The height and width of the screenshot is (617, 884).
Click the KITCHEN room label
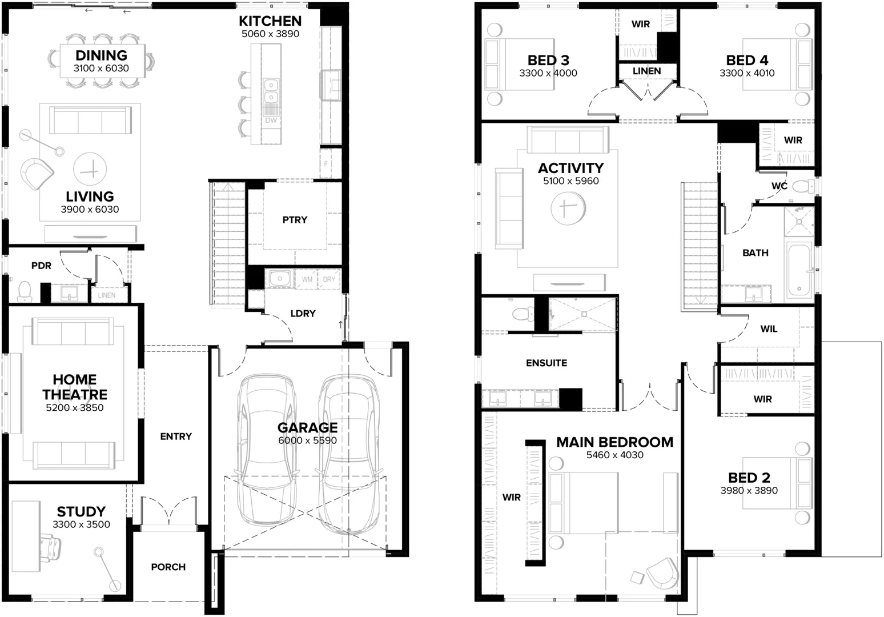coord(270,21)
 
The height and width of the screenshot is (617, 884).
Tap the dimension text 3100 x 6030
coord(101,69)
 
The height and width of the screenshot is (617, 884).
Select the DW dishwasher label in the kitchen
coord(271,121)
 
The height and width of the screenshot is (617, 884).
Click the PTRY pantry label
coord(295,220)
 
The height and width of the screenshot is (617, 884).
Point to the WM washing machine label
coord(307,279)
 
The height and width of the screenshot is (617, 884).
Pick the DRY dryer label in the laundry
coord(329,279)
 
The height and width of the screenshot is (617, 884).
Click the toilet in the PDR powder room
coord(25,291)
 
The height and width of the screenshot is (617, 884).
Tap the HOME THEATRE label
coord(74,387)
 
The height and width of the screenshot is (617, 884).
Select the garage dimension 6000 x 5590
coord(307,440)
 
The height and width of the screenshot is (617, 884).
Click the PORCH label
coord(168,567)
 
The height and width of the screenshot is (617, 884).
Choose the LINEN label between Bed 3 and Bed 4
coord(646,71)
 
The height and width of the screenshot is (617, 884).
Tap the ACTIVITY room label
coord(570,168)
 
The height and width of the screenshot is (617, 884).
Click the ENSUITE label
coord(547,363)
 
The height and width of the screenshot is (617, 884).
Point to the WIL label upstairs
coord(769,329)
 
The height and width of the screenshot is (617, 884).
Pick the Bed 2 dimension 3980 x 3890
coord(749,491)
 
